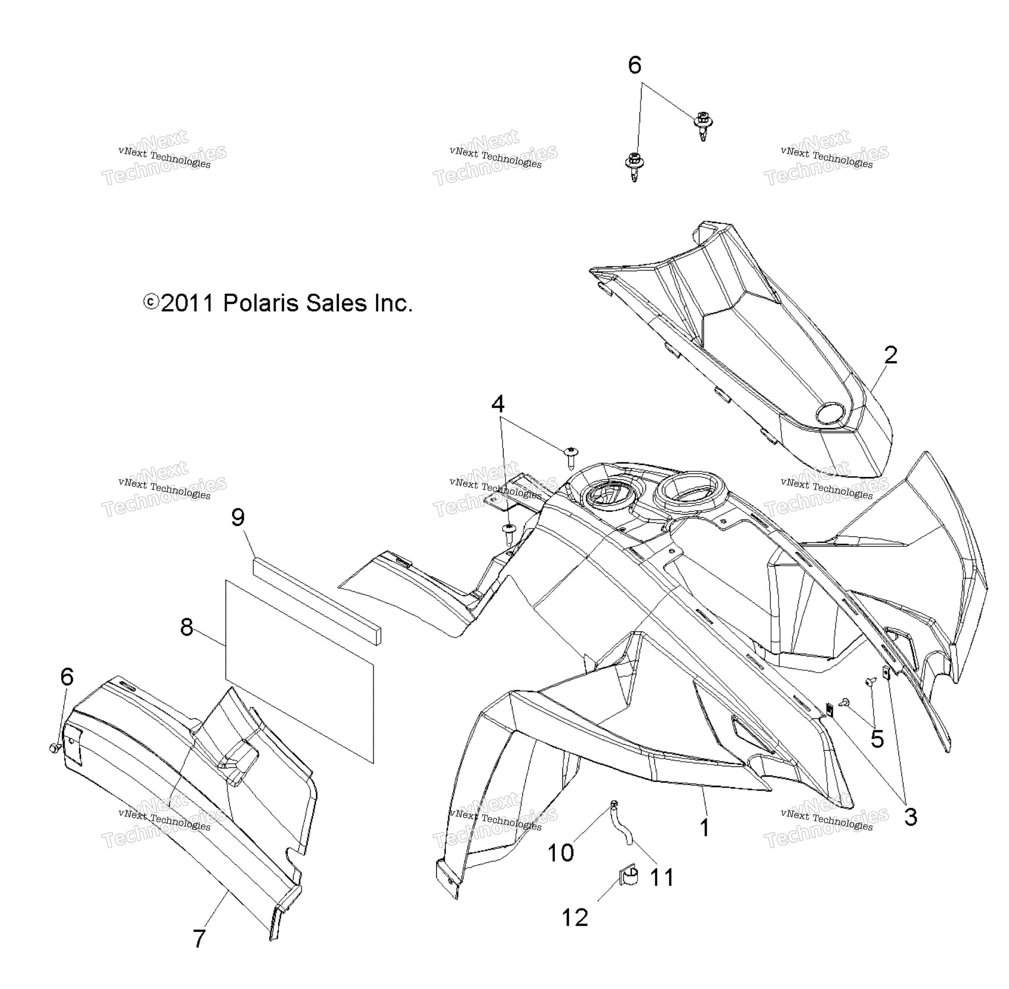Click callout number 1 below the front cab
(704, 827)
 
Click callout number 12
(575, 917)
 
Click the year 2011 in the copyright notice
(188, 303)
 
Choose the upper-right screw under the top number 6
(702, 126)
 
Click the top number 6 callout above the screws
(634, 65)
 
